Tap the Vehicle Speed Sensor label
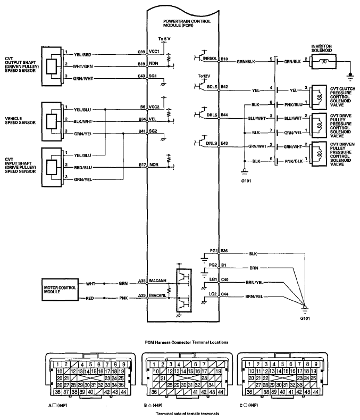pyautogui.click(x=21, y=120)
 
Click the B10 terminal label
pyautogui.click(x=224, y=59)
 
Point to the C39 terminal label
pyautogui.click(x=141, y=52)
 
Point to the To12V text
pyautogui.click(x=203, y=77)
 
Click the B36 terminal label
pyautogui.click(x=224, y=251)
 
